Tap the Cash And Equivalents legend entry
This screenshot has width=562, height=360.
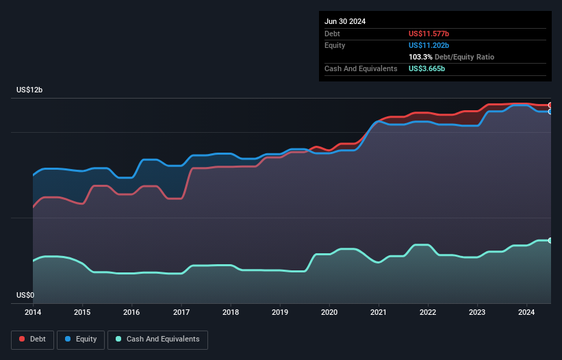click(157, 339)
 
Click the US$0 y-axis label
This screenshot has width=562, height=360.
click(25, 296)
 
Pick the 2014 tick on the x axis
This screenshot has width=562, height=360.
click(33, 313)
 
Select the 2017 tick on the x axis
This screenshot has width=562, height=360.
click(181, 313)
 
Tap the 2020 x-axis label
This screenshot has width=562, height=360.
click(329, 313)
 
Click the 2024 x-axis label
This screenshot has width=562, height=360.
click(526, 313)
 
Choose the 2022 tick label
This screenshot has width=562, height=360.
click(428, 313)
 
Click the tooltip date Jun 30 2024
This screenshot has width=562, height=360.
click(345, 21)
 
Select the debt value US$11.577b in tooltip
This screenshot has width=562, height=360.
click(434, 34)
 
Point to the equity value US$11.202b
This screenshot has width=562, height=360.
click(434, 45)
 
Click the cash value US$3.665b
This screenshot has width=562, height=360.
click(427, 68)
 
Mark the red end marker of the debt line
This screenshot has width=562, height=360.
click(550, 105)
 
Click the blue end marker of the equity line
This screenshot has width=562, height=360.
click(550, 111)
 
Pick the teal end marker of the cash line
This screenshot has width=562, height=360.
click(550, 240)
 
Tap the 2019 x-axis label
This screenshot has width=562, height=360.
click(280, 313)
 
